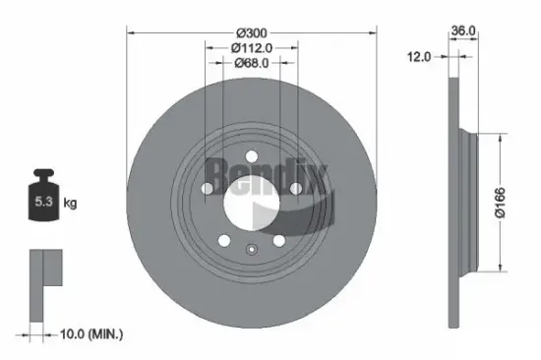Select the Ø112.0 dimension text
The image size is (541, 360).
pyautogui.click(x=252, y=45)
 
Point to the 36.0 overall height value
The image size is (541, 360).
pyautogui.click(x=463, y=30)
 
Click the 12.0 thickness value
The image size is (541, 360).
pyautogui.click(x=420, y=58)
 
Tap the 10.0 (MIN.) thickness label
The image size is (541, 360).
pyautogui.click(x=90, y=335)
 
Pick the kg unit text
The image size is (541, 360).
pyautogui.click(x=70, y=203)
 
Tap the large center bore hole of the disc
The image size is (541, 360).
pyautogui.click(x=252, y=202)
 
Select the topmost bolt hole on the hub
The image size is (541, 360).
pyautogui.click(x=252, y=155)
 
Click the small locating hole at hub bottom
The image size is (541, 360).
pyautogui.click(x=252, y=249)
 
